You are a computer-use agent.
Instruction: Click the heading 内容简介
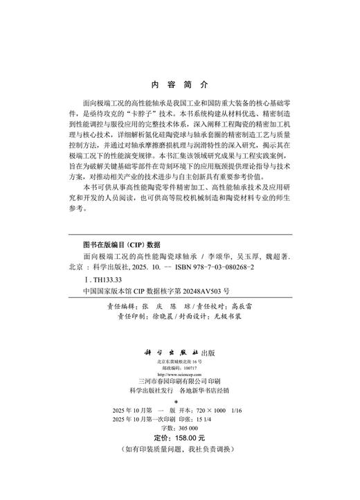click(179, 87)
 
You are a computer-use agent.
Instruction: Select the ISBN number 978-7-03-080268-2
click(212, 267)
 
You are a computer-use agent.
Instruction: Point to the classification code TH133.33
click(100, 279)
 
